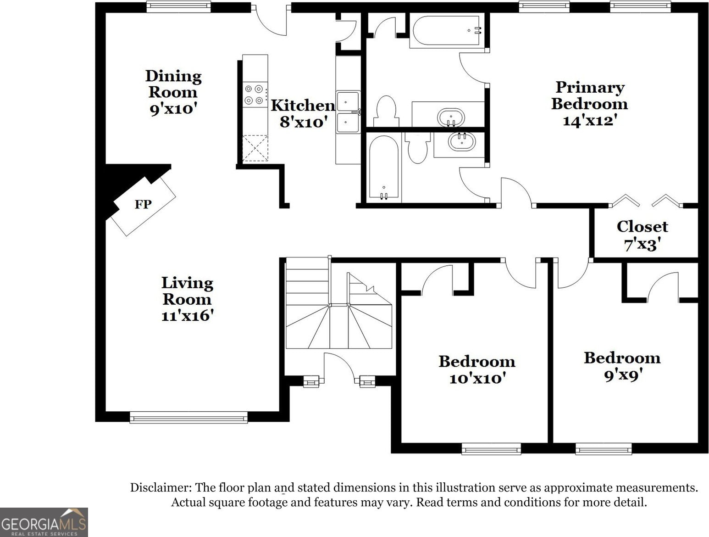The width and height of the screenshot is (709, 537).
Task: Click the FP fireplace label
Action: (143, 204)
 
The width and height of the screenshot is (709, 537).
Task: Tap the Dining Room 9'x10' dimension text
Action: (173, 109)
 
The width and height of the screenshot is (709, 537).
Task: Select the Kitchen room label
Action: (303, 105)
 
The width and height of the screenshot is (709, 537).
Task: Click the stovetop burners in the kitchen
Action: (255, 95)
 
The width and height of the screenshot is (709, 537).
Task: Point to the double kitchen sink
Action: (348, 112)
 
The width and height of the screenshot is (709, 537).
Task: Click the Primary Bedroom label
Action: (590, 95)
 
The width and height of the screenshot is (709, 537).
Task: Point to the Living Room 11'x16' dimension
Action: (187, 316)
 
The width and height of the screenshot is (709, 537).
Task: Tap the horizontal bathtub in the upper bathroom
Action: (447, 31)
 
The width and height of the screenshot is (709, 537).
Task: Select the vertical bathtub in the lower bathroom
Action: (384, 168)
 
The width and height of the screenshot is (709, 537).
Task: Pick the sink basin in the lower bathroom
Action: (462, 142)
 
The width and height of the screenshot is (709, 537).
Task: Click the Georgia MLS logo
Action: (44, 522)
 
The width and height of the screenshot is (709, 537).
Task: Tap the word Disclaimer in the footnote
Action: (161, 487)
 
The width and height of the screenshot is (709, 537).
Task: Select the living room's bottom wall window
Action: (188, 418)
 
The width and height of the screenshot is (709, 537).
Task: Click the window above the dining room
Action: (178, 7)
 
